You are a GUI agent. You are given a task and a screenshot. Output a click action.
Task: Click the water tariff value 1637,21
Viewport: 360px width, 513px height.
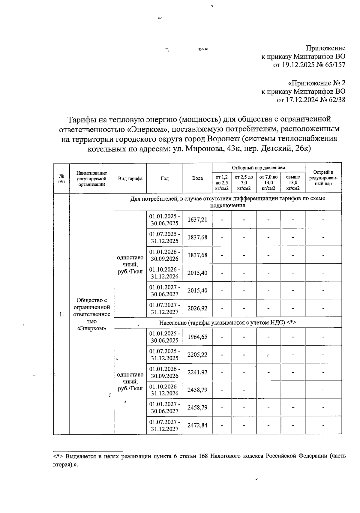197,220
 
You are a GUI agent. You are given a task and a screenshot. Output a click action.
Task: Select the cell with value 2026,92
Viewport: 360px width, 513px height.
197,308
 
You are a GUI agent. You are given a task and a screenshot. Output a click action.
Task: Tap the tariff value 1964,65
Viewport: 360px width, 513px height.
197,337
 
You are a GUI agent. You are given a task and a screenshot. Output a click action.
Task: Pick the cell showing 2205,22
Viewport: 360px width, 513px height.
197,355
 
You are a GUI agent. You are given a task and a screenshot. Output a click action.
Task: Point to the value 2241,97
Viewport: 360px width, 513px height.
197,372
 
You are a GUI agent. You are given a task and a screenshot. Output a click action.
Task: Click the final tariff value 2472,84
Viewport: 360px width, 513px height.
197,425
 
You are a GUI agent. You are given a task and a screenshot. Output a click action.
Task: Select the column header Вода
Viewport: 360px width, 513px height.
197,178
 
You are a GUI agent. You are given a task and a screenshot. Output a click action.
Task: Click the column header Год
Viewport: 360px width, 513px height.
164,178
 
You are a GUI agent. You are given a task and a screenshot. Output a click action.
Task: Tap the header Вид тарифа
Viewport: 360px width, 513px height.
130,178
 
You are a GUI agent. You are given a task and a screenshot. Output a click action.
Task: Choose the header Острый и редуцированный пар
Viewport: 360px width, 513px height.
323,178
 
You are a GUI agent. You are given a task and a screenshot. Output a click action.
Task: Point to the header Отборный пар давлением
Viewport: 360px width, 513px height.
258,168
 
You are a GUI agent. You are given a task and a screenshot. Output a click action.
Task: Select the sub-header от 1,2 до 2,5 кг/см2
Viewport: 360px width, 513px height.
222,183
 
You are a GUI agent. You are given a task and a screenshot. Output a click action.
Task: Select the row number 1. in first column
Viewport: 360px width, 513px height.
61,314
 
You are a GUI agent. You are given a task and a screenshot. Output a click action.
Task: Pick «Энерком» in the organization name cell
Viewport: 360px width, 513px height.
91,328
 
